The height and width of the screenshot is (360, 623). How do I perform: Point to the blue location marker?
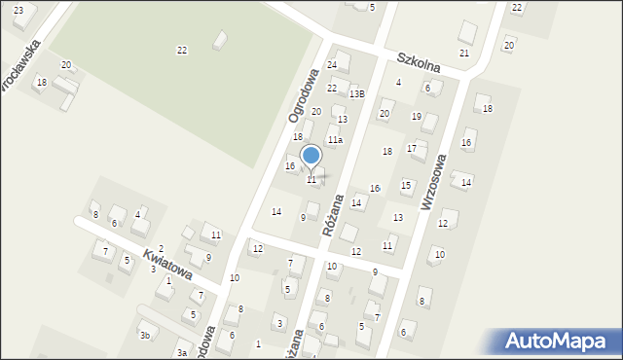pyautogui.click(x=311, y=156)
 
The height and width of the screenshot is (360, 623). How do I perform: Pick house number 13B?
pyautogui.click(x=357, y=93)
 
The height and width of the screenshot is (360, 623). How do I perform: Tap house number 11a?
pyautogui.click(x=335, y=140)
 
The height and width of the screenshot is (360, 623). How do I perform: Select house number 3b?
pyautogui.click(x=144, y=336)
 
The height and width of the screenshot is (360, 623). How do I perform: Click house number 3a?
pyautogui.click(x=182, y=352)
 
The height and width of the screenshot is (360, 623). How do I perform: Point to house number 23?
pyautogui.click(x=18, y=10)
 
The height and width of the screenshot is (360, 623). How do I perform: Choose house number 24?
pyautogui.click(x=332, y=65)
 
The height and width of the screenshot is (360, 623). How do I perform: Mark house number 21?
pyautogui.click(x=464, y=53)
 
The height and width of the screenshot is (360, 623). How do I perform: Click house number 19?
pyautogui.click(x=416, y=117)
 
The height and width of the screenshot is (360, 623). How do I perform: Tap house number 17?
pyautogui.click(x=412, y=148)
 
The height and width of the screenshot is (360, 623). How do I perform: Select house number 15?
pyautogui.click(x=406, y=185)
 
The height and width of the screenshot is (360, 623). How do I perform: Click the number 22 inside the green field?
pyautogui.click(x=182, y=50)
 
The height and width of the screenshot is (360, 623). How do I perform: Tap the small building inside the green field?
pyautogui.click(x=220, y=40)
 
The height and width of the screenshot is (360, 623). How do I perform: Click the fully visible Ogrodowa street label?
pyautogui.click(x=303, y=94)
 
